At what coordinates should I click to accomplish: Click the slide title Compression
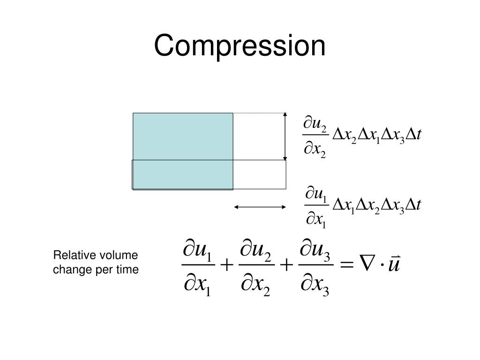[240, 46]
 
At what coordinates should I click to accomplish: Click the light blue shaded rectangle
[183, 136]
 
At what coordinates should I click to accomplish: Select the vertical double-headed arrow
[285, 136]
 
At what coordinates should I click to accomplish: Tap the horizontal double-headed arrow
[260, 207]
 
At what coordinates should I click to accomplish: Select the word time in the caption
[127, 270]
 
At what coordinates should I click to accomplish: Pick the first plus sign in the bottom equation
[226, 266]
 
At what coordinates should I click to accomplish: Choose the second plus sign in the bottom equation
[285, 266]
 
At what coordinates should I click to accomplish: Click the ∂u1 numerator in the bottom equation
[197, 251]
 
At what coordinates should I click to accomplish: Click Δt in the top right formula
[414, 135]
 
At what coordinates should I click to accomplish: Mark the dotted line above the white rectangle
[259, 113]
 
